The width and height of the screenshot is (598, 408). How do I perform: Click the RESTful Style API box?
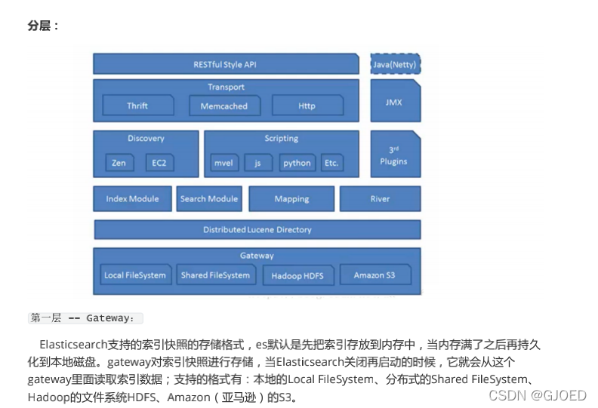225,64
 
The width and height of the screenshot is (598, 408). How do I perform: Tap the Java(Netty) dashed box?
395,64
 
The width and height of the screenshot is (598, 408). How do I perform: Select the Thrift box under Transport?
138,106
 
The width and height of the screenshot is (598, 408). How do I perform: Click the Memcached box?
224,106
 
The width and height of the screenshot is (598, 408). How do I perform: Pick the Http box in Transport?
307,106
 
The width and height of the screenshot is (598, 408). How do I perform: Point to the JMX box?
394,101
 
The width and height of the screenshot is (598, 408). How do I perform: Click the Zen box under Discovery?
119,163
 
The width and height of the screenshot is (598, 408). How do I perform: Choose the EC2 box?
159,163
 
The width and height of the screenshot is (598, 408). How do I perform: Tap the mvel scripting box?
223,163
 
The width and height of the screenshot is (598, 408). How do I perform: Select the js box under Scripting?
258,163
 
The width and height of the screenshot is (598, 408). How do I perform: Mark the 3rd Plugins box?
394,155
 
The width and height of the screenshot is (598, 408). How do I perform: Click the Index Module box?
133,199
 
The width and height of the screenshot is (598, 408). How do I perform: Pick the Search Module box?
209,199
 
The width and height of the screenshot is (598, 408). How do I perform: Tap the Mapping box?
291,199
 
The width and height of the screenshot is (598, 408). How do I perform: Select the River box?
380,199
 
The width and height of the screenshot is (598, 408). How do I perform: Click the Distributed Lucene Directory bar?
257,229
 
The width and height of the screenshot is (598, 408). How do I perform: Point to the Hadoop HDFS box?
297,275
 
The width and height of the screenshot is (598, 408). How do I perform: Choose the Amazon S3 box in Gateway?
375,275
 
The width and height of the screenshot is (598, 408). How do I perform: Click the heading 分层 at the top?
42,26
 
